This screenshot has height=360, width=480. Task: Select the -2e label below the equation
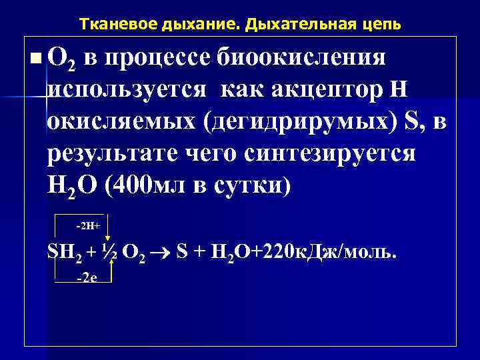pos(86,278)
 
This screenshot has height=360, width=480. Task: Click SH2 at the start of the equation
pos(63,254)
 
